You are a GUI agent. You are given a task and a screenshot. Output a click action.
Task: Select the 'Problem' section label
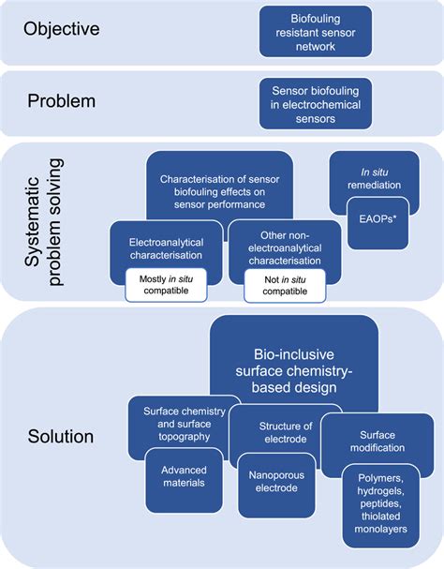pos(61,99)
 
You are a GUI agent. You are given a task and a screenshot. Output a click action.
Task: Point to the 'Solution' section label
pos(61,437)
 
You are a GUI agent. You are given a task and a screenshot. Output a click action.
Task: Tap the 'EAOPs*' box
pos(377,222)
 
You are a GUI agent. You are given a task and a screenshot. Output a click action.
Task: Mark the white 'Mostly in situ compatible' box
pos(165,284)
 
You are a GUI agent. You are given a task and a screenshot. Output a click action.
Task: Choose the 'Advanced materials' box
pos(184,475)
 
